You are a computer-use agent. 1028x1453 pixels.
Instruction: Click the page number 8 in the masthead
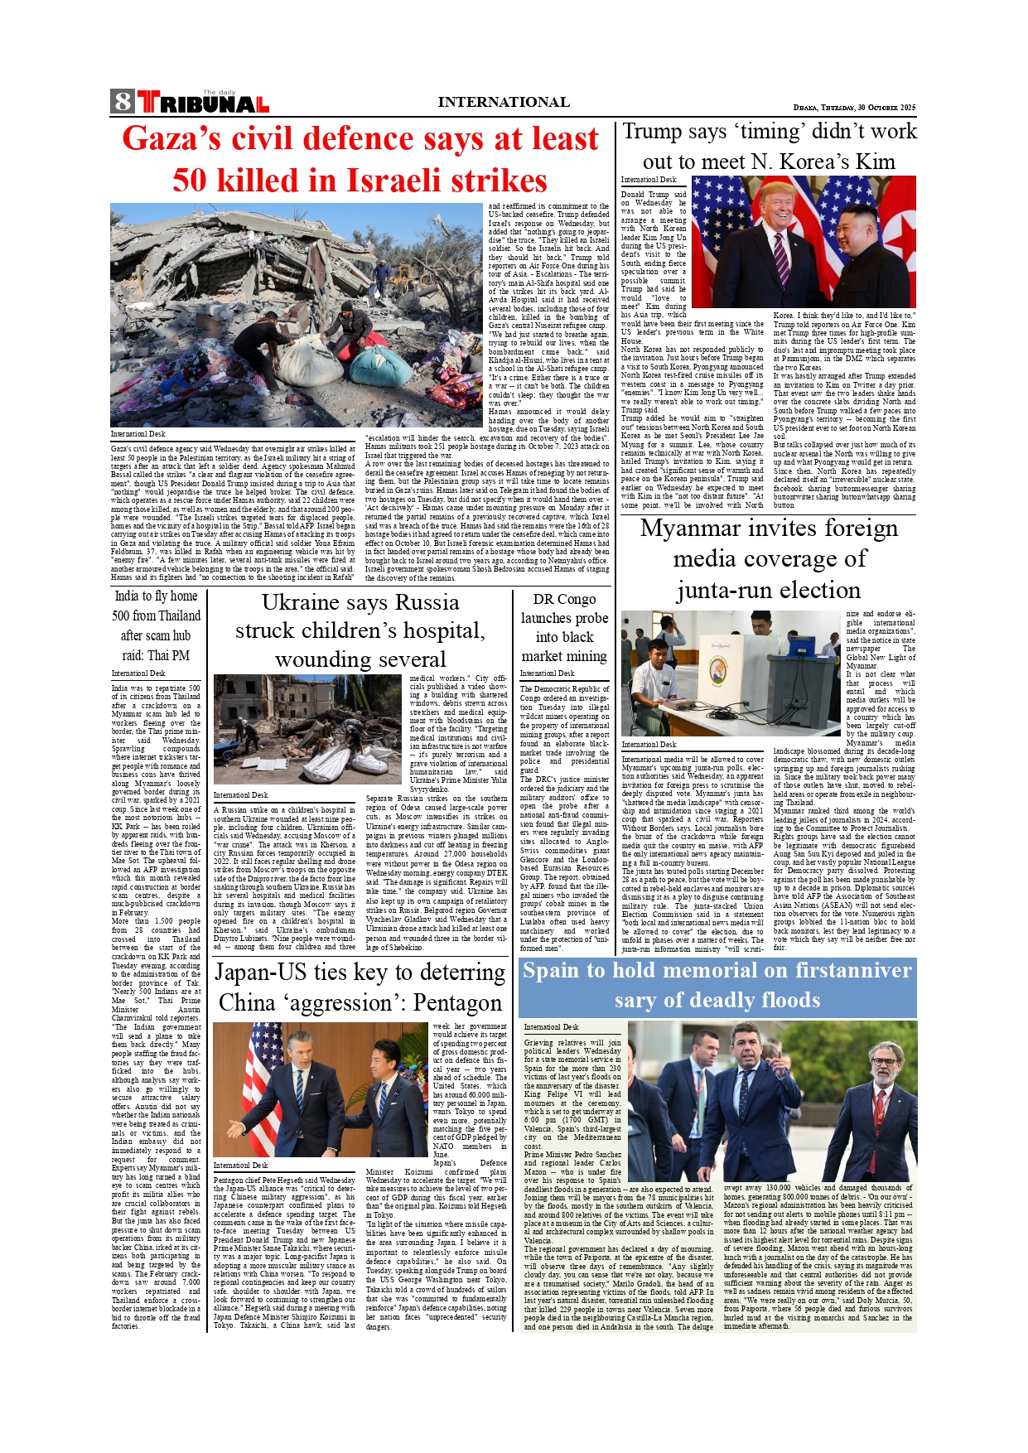click(x=123, y=102)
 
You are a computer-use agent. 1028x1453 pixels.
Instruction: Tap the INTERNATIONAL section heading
click(x=504, y=102)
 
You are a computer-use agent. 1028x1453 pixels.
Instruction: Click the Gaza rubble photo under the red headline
click(x=297, y=315)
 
